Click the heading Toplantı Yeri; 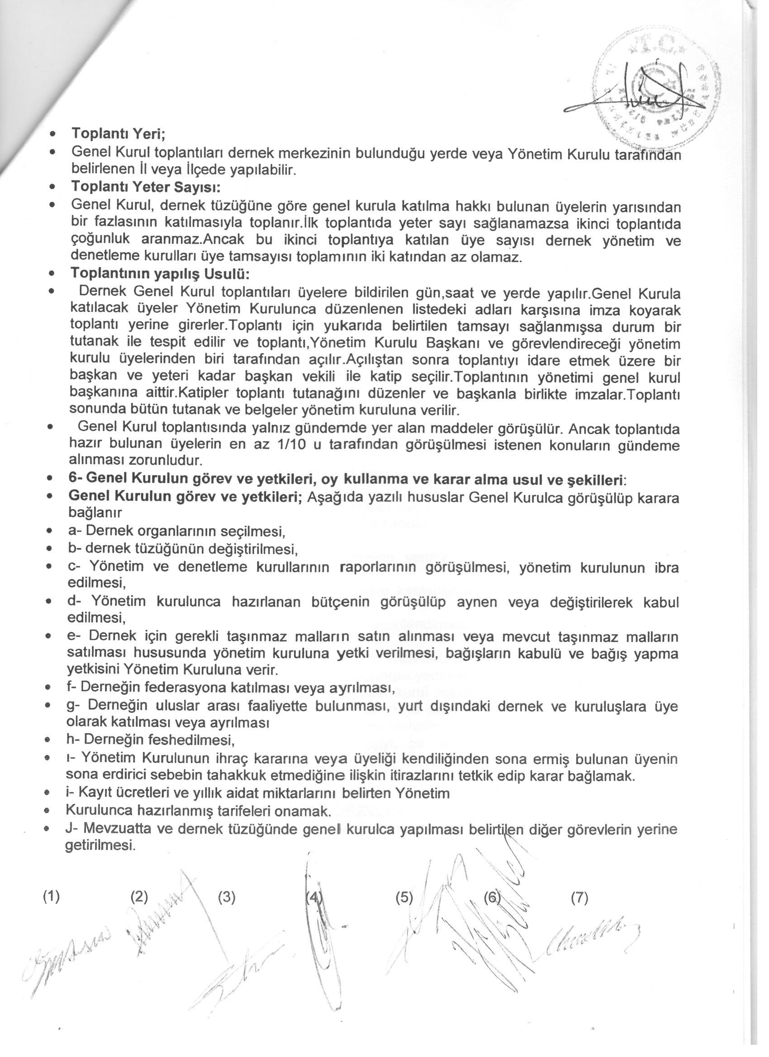pos(119,134)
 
